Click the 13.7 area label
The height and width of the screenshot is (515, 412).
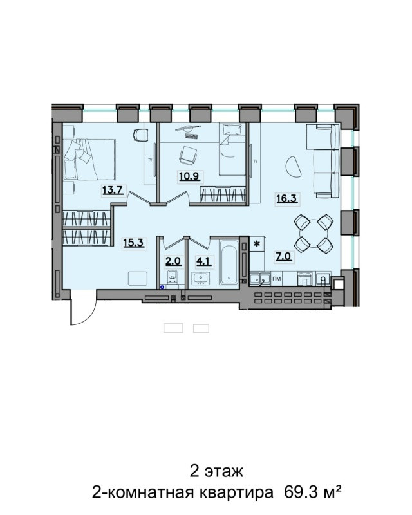click(113, 190)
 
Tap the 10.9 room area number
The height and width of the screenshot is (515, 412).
click(189, 176)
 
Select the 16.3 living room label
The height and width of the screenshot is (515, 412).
click(286, 198)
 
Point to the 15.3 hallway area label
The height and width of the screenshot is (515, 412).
click(134, 243)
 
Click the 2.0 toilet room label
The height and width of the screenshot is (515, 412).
click(173, 261)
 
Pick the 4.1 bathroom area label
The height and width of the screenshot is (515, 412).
click(203, 261)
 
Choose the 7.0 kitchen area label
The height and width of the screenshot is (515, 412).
click(283, 256)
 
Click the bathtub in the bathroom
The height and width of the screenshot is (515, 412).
click(229, 262)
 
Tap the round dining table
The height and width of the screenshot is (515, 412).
click(314, 234)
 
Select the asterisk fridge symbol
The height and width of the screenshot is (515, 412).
click(257, 244)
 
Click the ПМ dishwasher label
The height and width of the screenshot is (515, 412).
click(277, 279)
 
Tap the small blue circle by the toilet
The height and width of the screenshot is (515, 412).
click(162, 287)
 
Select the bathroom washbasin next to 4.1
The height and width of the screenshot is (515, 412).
click(200, 279)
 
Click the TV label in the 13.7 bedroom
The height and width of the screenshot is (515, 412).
click(150, 160)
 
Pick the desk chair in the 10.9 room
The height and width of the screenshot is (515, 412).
click(188, 155)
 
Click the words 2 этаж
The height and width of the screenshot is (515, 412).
click(216, 471)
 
